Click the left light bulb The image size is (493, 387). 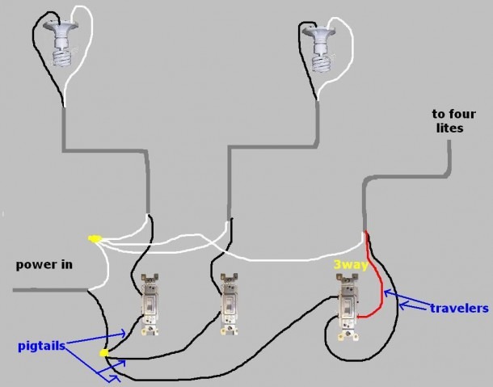click(x=61, y=43)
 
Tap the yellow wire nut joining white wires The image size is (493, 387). click(x=93, y=239)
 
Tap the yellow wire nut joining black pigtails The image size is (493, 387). click(x=103, y=353)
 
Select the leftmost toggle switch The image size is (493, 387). click(x=150, y=305)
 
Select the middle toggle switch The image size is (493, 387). click(x=229, y=304)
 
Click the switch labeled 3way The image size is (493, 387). click(x=348, y=307)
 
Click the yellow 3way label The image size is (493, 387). click(x=351, y=265)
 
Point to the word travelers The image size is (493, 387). click(x=459, y=308)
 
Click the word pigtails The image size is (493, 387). click(x=42, y=346)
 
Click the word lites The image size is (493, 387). click(x=449, y=128)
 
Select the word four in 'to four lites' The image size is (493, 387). click(x=462, y=114)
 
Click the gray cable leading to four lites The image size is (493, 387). click(x=409, y=177)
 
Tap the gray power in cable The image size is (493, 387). click(x=50, y=290)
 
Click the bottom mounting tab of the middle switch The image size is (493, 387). click(x=229, y=330)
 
